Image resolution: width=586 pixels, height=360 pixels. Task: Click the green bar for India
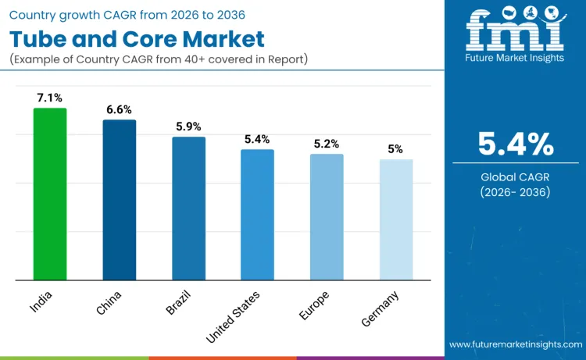click(50, 194)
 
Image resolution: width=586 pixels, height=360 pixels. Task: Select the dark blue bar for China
click(119, 200)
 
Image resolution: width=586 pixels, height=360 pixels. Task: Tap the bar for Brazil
click(188, 209)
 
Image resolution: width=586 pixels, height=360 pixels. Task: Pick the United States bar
click(257, 215)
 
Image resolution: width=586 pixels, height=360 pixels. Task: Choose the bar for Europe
click(327, 217)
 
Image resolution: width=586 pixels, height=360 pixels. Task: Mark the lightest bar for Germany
click(395, 219)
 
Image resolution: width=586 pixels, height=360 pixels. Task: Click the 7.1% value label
click(50, 98)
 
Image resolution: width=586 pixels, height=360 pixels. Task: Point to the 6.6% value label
click(119, 109)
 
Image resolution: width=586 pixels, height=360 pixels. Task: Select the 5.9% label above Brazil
click(188, 126)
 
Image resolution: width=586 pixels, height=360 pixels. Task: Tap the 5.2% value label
click(327, 144)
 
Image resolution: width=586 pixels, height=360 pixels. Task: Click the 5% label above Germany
click(395, 149)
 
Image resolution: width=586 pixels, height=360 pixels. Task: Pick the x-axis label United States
click(234, 315)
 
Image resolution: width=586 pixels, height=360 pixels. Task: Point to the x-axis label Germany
click(381, 308)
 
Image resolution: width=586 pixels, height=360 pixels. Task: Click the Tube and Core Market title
click(138, 39)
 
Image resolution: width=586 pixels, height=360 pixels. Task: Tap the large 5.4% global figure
click(516, 144)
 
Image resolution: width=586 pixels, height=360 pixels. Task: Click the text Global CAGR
click(516, 177)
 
